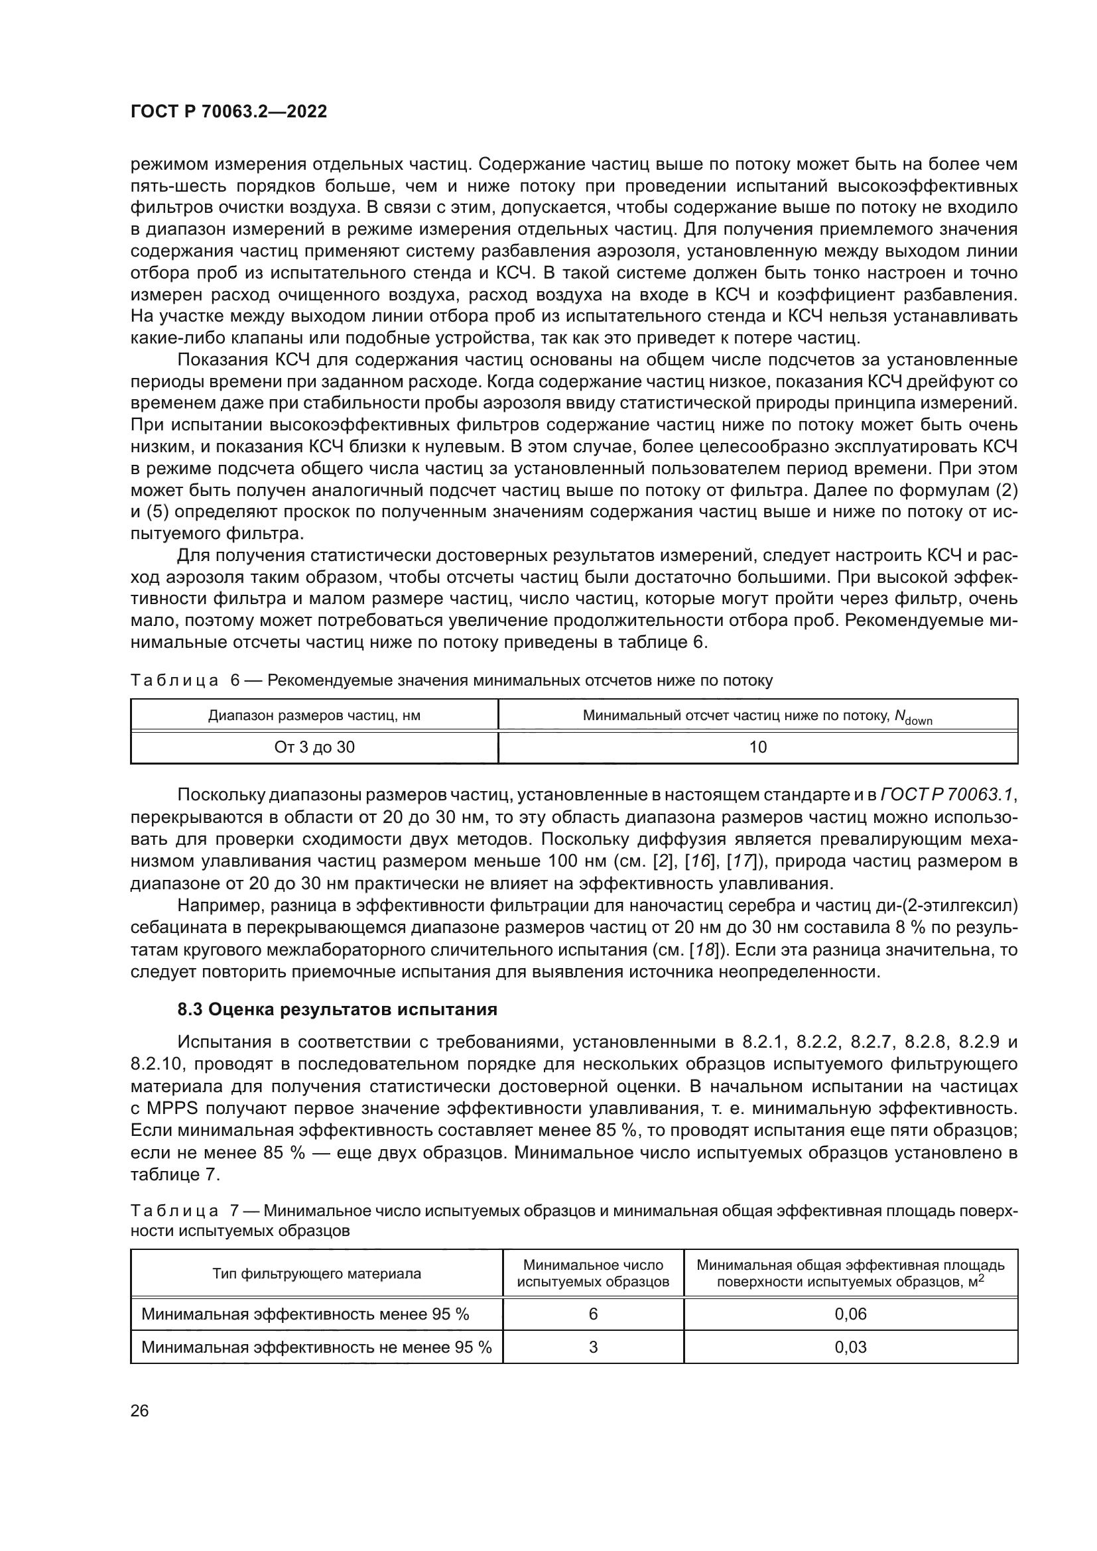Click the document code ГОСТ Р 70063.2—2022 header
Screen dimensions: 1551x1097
click(x=228, y=112)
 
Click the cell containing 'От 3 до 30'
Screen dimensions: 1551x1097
click(x=314, y=747)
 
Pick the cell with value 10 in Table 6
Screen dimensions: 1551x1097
click(x=758, y=747)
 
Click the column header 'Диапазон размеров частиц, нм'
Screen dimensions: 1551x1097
click(x=314, y=715)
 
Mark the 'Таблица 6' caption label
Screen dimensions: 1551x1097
click(x=175, y=680)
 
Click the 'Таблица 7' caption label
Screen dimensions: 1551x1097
click(x=175, y=1210)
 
